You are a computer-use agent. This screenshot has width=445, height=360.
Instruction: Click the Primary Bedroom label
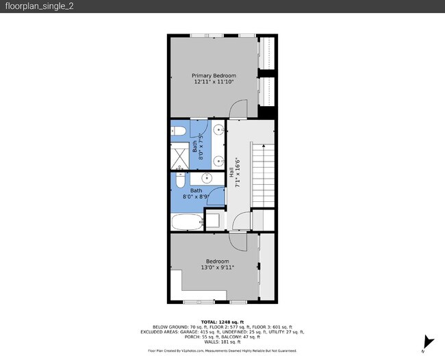pyautogui.click(x=214, y=75)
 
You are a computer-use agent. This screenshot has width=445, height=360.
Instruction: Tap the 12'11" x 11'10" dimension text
pyautogui.click(x=214, y=82)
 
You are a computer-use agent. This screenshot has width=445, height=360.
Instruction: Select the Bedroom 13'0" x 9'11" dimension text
pyautogui.click(x=217, y=268)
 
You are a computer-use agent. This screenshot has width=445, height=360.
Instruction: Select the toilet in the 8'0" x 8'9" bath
pyautogui.click(x=179, y=181)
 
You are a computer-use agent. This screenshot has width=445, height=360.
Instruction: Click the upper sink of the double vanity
pyautogui.click(x=217, y=129)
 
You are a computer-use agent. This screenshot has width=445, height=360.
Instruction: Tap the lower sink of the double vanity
pyautogui.click(x=217, y=162)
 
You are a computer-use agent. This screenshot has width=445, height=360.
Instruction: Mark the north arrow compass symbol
pyautogui.click(x=429, y=342)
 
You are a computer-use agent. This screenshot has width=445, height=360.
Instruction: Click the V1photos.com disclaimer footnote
pyautogui.click(x=222, y=350)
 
